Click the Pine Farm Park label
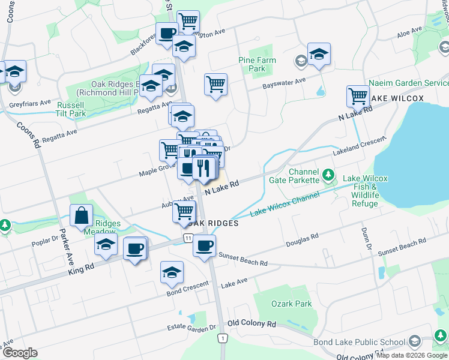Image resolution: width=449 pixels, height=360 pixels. (x=257, y=64)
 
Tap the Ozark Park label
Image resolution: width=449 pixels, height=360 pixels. (x=292, y=304)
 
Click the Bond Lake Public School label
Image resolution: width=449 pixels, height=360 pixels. (x=359, y=343)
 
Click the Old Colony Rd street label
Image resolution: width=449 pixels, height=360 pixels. (x=252, y=323)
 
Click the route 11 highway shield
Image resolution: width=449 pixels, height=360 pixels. (x=188, y=239)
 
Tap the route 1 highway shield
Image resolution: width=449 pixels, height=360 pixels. (x=223, y=338)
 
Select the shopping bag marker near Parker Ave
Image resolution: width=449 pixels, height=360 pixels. (x=81, y=215)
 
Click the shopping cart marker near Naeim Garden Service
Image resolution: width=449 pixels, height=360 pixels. (x=358, y=95)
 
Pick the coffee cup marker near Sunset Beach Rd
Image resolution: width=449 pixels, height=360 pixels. (x=204, y=245)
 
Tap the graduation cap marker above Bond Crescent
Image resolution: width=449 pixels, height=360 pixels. (x=172, y=271)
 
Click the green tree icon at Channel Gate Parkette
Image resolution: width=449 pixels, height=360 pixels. (x=328, y=175)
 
